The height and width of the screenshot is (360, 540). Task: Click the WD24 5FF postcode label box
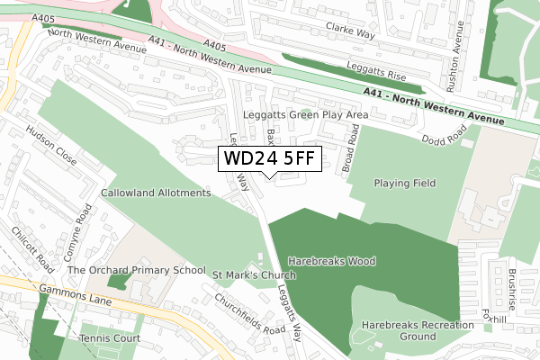coord(269,159)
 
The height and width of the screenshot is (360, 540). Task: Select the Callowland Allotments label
coord(156,193)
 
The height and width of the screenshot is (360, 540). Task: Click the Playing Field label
coord(405,183)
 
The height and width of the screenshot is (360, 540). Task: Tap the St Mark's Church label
coord(254,274)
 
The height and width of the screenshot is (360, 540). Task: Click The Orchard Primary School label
coord(137,270)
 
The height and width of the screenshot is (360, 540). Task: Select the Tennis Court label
coord(110,338)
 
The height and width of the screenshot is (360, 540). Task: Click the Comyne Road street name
coord(83,229)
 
